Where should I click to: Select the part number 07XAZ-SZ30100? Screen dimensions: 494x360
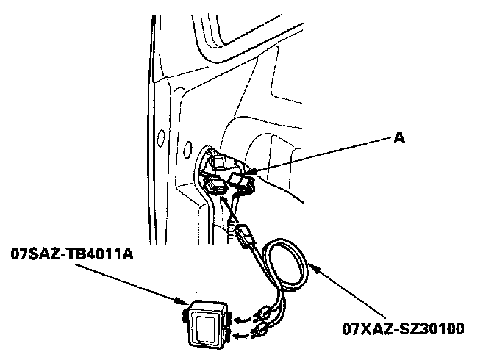tap(402, 327)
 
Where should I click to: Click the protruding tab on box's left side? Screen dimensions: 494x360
tap(183, 315)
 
